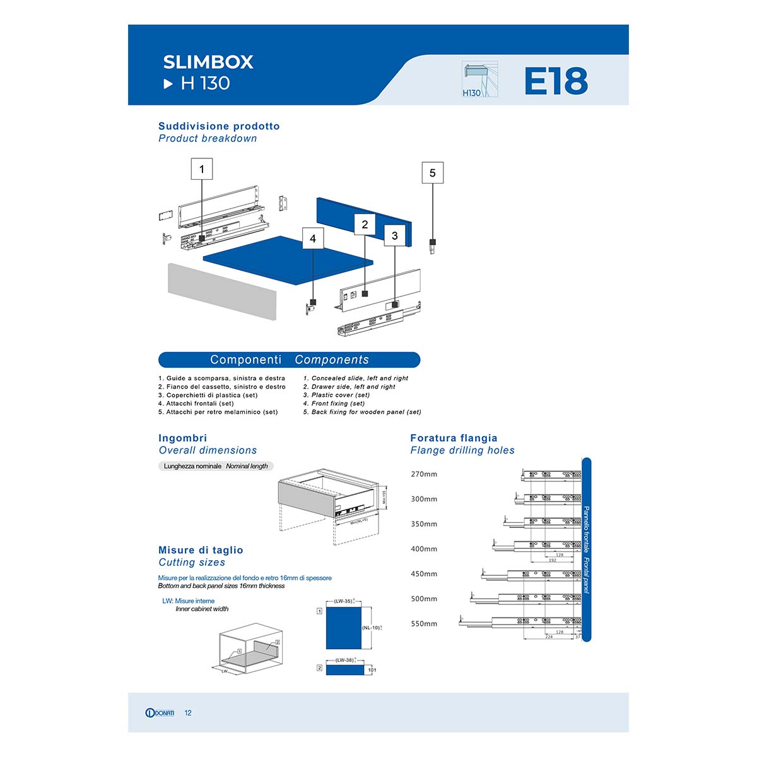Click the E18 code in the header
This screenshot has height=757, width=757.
pyautogui.click(x=556, y=81)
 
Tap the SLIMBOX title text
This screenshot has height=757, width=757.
pyautogui.click(x=208, y=62)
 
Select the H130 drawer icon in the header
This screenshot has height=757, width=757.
pyautogui.click(x=479, y=79)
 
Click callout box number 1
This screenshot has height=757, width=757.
pyautogui.click(x=202, y=169)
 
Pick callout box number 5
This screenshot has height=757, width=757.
pyautogui.click(x=432, y=173)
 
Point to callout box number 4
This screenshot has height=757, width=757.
pyautogui.click(x=313, y=239)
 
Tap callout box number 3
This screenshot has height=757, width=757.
pyautogui.click(x=395, y=236)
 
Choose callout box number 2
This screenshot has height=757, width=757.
pyautogui.click(x=365, y=225)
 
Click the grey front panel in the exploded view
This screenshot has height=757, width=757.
pyautogui.click(x=222, y=291)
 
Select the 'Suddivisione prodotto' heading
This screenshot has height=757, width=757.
pyautogui.click(x=219, y=126)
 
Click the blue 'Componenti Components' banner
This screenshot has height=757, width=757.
pyautogui.click(x=289, y=360)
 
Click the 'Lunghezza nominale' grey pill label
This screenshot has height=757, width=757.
pyautogui.click(x=216, y=466)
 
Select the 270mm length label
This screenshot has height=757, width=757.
pyautogui.click(x=424, y=474)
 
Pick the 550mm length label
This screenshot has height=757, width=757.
pyautogui.click(x=424, y=624)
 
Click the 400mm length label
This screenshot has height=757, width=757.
pyautogui.click(x=424, y=549)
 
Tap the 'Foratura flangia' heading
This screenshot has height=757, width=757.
pyautogui.click(x=454, y=438)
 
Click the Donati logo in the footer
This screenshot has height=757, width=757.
pyautogui.click(x=160, y=713)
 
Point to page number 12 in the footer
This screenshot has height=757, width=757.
pyautogui.click(x=188, y=713)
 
